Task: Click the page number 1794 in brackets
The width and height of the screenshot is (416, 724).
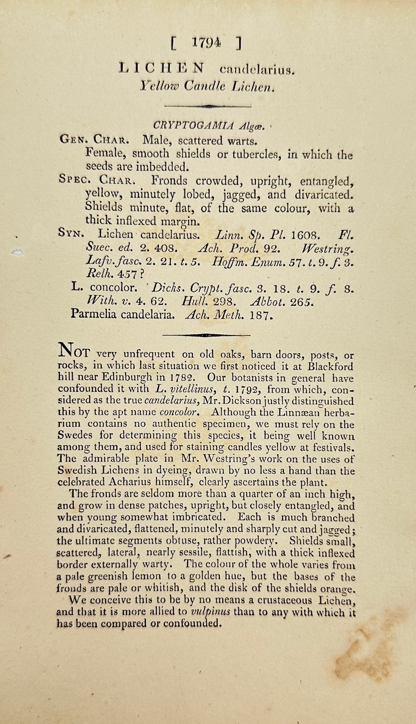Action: pyautogui.click(x=207, y=43)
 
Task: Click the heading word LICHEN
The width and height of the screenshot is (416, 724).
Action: pyautogui.click(x=161, y=68)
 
